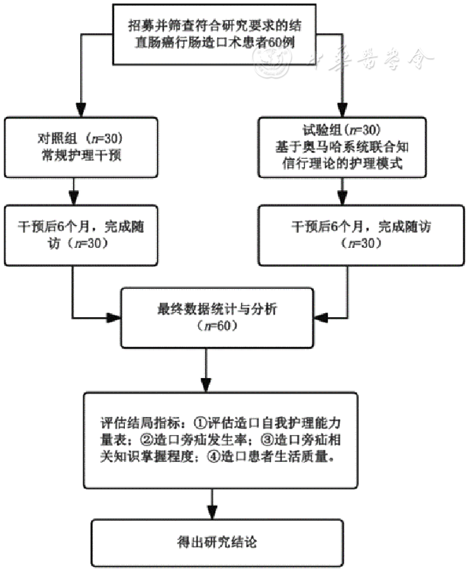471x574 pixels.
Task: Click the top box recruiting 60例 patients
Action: (214, 35)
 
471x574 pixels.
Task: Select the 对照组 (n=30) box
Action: (81, 147)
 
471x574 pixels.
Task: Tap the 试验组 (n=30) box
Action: (342, 147)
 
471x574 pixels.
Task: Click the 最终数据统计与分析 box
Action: (217, 318)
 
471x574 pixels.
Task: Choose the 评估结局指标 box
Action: (220, 440)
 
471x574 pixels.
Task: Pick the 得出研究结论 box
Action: (217, 543)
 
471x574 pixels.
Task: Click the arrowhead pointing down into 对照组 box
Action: (81, 110)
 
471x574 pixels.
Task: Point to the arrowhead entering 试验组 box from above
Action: (342, 110)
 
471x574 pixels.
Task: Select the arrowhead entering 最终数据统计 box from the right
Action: (321, 317)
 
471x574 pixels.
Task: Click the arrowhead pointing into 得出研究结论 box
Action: (212, 512)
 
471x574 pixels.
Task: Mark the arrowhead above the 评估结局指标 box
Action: (206, 385)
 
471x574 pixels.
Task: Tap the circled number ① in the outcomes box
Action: (200, 423)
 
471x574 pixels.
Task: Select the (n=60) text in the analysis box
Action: (217, 325)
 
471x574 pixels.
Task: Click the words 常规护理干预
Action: (81, 156)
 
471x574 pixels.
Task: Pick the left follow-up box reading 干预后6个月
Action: (81, 235)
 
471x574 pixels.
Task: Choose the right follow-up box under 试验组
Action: (361, 235)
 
